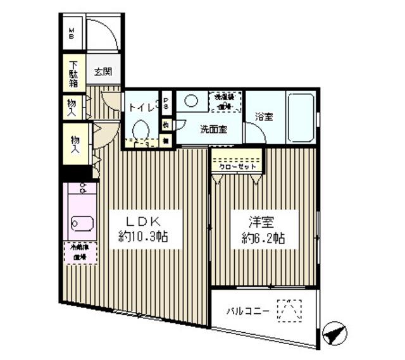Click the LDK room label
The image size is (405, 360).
(142, 222)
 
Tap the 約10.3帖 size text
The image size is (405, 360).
(142, 239)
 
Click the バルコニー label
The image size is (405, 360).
(249, 311)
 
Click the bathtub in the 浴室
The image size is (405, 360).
(302, 119)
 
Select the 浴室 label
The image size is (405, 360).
(265, 118)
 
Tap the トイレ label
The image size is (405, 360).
(142, 108)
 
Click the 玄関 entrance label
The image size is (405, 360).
(103, 71)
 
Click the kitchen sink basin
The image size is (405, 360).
(80, 224)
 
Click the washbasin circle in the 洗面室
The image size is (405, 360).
(191, 101)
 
